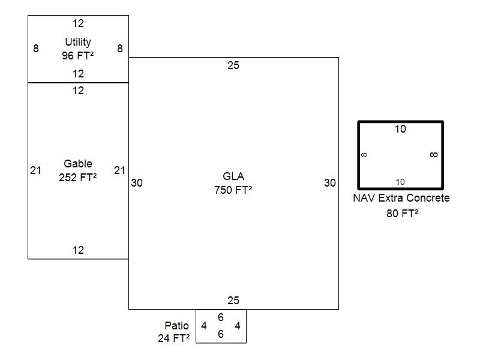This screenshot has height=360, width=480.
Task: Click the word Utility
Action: click(x=78, y=42)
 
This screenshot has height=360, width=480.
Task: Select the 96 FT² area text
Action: click(x=78, y=55)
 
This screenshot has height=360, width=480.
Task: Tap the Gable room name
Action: click(x=78, y=164)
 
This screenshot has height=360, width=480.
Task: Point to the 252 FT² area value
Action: click(x=78, y=177)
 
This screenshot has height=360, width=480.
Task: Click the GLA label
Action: click(x=233, y=176)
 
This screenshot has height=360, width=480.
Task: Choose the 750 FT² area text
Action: click(x=233, y=190)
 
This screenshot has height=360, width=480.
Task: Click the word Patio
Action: click(x=177, y=325)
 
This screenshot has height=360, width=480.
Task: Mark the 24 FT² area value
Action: click(x=174, y=338)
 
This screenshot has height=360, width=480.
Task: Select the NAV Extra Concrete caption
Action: click(x=401, y=198)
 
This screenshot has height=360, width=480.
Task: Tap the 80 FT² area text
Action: click(x=402, y=213)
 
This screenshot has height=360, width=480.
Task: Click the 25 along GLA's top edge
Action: click(x=233, y=65)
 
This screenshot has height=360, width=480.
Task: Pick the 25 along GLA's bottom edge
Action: click(x=233, y=301)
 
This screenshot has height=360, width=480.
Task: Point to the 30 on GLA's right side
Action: click(x=330, y=183)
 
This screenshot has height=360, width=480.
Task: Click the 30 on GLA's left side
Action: click(x=137, y=183)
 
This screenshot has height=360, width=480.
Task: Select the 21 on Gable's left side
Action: click(x=36, y=170)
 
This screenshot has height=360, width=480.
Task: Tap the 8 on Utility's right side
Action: click(x=120, y=49)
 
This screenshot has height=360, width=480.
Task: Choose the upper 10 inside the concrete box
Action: click(x=400, y=129)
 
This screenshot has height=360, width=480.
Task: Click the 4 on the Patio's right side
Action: click(x=238, y=326)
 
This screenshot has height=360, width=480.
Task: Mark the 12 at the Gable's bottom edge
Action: click(x=79, y=250)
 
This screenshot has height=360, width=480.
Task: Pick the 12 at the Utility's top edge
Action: click(x=79, y=24)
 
